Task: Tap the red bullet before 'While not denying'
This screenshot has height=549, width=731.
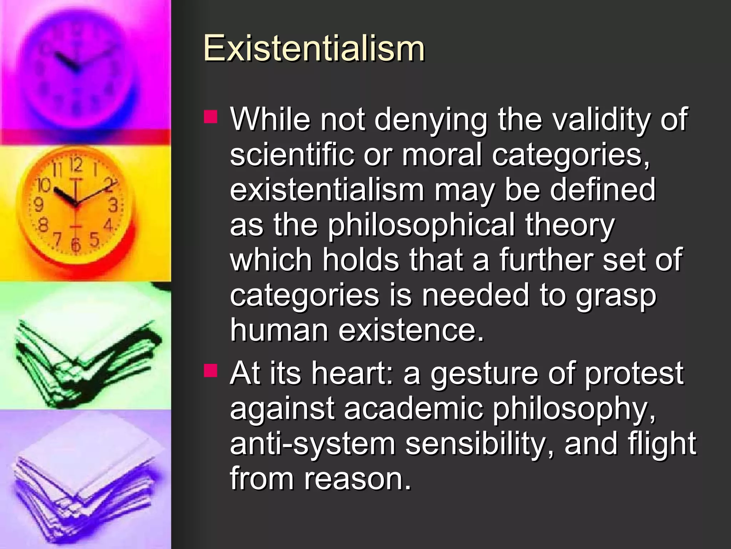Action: pyautogui.click(x=211, y=117)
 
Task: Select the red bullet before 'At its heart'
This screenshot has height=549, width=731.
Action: pyautogui.click(x=211, y=370)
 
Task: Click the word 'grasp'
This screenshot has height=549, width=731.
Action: pyautogui.click(x=616, y=296)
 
